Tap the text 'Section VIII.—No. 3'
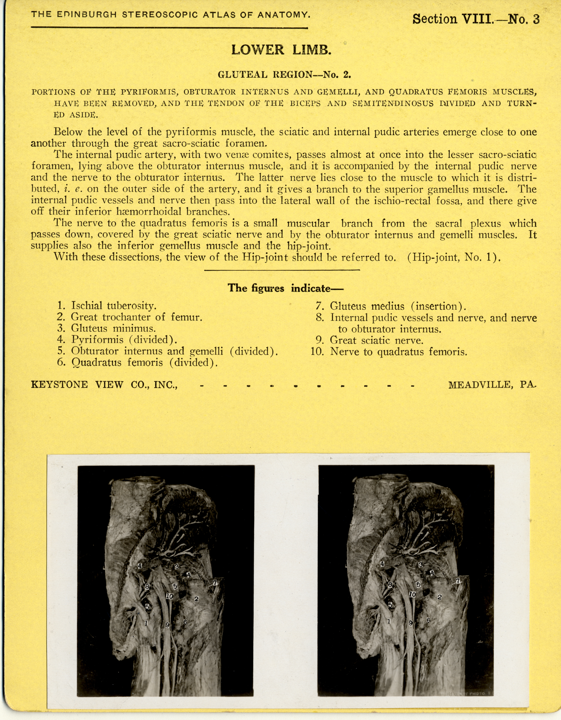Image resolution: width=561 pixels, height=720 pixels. (476, 19)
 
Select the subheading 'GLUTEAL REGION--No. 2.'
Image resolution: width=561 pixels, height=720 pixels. (284, 74)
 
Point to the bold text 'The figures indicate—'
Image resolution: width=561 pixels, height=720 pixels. (285, 288)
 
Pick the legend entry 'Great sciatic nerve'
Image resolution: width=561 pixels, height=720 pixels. (377, 340)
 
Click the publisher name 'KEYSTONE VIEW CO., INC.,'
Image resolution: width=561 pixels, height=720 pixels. (104, 385)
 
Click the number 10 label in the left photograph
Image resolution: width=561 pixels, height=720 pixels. (169, 596)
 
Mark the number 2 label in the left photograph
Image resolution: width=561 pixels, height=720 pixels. (196, 598)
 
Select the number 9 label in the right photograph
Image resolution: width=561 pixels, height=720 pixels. (411, 623)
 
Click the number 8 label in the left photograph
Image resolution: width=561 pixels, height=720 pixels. (147, 587)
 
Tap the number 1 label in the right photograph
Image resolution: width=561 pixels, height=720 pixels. (389, 621)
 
